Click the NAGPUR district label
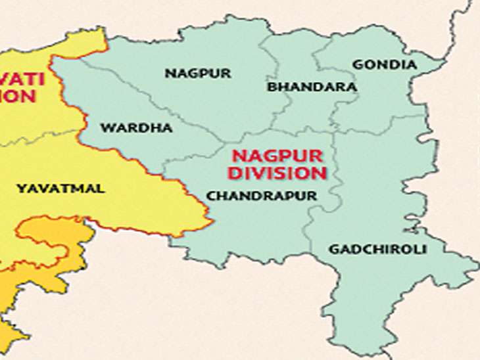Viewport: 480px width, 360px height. (198, 74)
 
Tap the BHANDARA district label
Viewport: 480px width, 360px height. (312, 87)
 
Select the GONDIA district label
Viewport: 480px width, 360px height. (385, 64)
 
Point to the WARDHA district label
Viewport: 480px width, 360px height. (136, 128)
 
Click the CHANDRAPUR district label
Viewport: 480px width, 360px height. (262, 196)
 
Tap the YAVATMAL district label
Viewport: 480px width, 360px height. (60, 189)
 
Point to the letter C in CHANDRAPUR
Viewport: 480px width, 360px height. (210, 196)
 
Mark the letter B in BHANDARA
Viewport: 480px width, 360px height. (272, 87)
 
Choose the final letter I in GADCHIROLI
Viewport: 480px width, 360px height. (425, 250)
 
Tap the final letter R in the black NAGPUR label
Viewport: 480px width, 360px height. (227, 74)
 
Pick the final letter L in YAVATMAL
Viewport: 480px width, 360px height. (101, 189)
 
